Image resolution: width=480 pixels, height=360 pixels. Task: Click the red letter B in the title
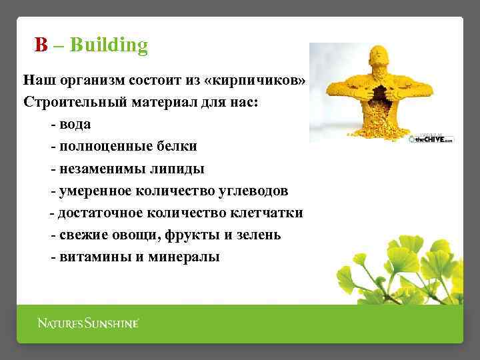41,45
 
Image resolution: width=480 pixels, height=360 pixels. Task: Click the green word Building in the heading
109,45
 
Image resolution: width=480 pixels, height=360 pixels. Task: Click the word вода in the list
75,125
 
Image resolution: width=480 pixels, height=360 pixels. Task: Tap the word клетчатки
267,213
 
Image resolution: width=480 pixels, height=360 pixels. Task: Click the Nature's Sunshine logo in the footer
88,323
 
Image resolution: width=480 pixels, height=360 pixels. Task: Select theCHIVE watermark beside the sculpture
433,139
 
